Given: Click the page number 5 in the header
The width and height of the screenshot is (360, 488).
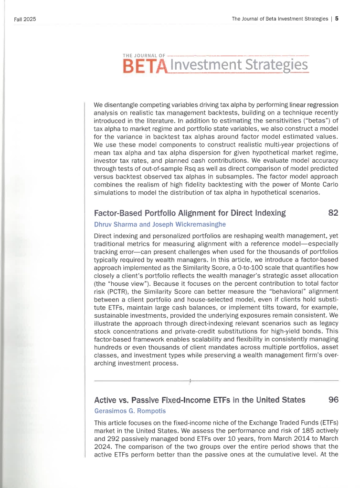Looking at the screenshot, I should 337,19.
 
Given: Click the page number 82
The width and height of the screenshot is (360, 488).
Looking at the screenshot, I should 333,213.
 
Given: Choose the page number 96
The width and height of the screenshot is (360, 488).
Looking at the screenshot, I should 333,400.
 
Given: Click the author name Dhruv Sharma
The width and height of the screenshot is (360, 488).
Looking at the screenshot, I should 115,224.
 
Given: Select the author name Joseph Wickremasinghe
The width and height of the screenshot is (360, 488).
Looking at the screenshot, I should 187,224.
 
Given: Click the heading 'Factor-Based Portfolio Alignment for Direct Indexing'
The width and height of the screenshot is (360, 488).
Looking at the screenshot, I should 190,213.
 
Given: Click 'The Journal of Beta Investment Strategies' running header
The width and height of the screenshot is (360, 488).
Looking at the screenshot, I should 280,19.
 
